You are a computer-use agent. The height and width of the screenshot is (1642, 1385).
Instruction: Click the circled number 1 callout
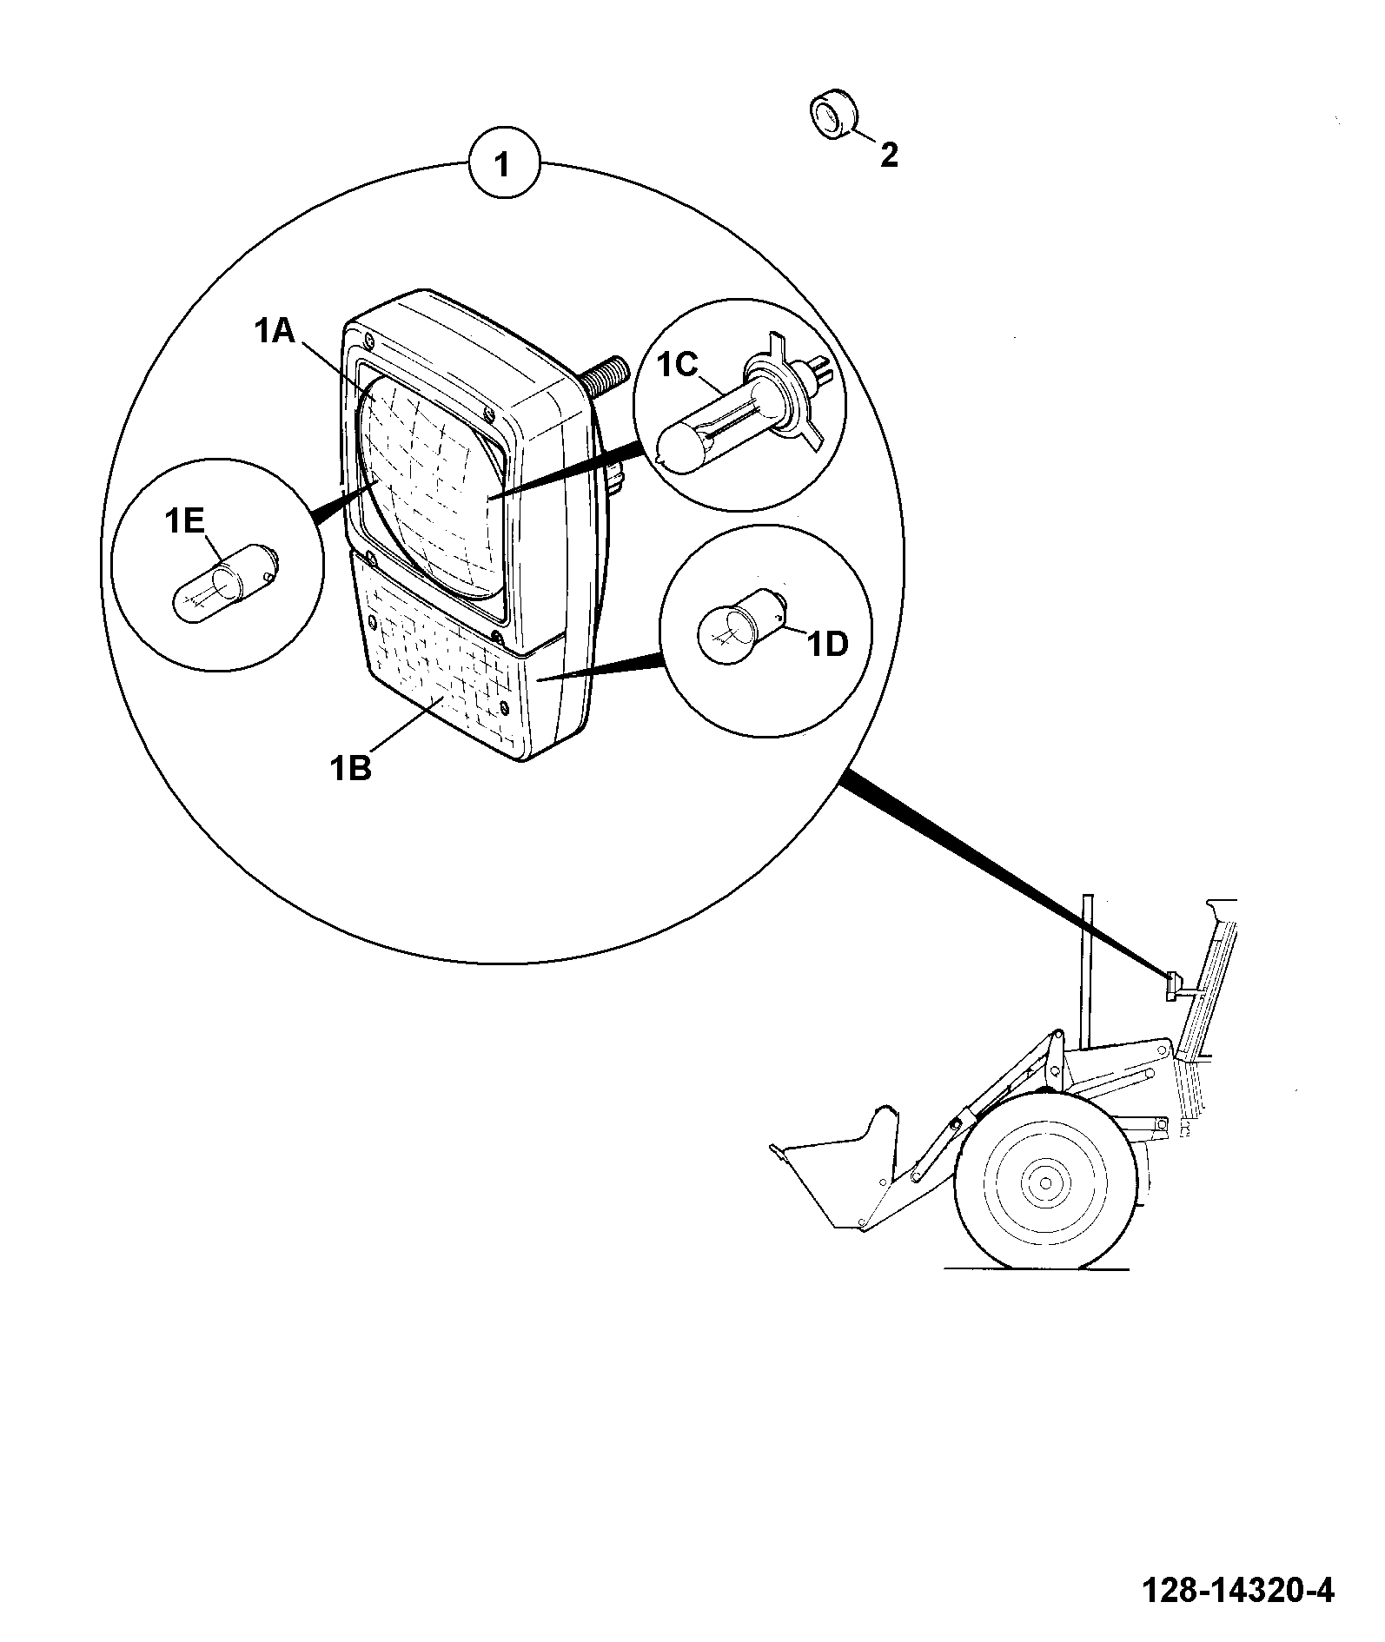point(504,165)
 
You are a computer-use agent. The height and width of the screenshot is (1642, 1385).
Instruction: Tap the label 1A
point(276,331)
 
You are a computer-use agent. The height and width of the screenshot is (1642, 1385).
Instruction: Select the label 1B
point(351,768)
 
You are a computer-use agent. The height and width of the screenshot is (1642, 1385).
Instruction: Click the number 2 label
point(889,156)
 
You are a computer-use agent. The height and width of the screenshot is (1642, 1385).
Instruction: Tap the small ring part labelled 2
point(833,113)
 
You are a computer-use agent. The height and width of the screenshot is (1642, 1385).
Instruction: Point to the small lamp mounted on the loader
point(1175,985)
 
